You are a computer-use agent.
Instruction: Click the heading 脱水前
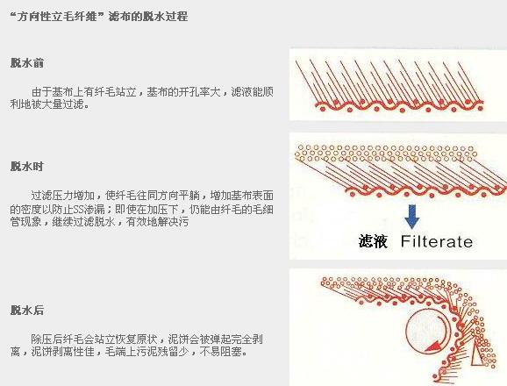pyautogui.click(x=27, y=63)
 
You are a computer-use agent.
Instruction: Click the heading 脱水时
pyautogui.click(x=27, y=167)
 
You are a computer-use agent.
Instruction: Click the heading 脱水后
pyautogui.click(x=27, y=310)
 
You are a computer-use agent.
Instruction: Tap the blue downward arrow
pyautogui.click(x=412, y=217)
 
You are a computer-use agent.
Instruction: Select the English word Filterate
pyautogui.click(x=437, y=241)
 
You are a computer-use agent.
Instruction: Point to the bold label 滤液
pyautogui.click(x=373, y=241)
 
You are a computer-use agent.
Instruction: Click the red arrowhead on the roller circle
pyautogui.click(x=433, y=346)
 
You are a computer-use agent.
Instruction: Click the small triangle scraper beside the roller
pyautogui.click(x=475, y=354)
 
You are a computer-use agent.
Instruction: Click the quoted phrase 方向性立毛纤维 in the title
pyautogui.click(x=57, y=16)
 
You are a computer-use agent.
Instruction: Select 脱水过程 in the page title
pyautogui.click(x=167, y=16)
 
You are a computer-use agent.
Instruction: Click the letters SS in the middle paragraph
pyautogui.click(x=78, y=210)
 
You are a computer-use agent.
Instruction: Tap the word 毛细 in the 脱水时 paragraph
pyautogui.click(x=262, y=209)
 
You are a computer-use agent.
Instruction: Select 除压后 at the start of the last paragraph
pyautogui.click(x=46, y=340)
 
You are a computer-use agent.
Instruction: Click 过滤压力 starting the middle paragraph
pyautogui.click(x=52, y=196)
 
